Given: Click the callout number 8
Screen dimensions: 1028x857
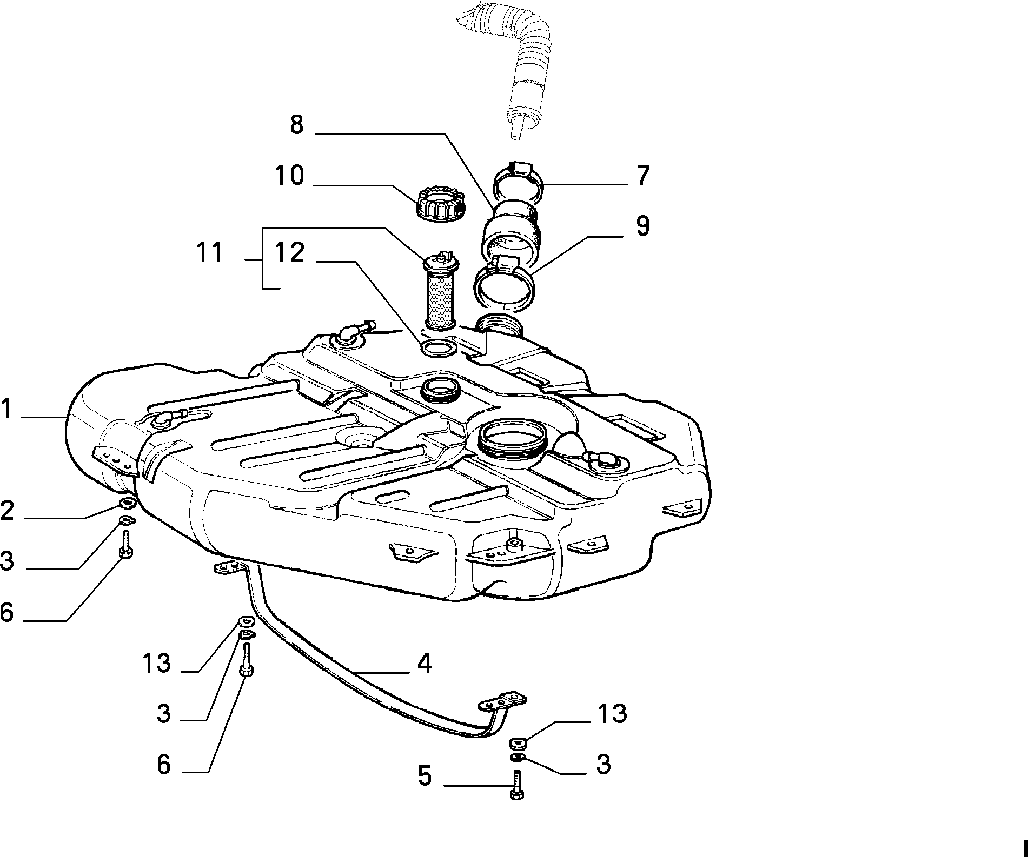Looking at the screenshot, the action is tap(297, 125).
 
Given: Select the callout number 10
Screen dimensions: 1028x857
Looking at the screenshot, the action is tap(290, 176).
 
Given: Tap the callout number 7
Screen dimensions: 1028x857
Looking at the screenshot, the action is tap(642, 176).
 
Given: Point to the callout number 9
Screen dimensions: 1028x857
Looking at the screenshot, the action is tap(642, 226).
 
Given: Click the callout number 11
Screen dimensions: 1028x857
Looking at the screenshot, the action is tap(210, 252).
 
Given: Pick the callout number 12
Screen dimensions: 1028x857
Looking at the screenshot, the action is tap(290, 252).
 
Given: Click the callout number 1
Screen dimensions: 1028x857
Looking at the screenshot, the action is tap(5, 409).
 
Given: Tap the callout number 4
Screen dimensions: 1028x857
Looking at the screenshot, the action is tap(425, 663).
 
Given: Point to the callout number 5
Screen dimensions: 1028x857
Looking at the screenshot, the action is tap(425, 776).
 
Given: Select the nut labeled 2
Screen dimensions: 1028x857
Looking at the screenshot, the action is tap(127, 503).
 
